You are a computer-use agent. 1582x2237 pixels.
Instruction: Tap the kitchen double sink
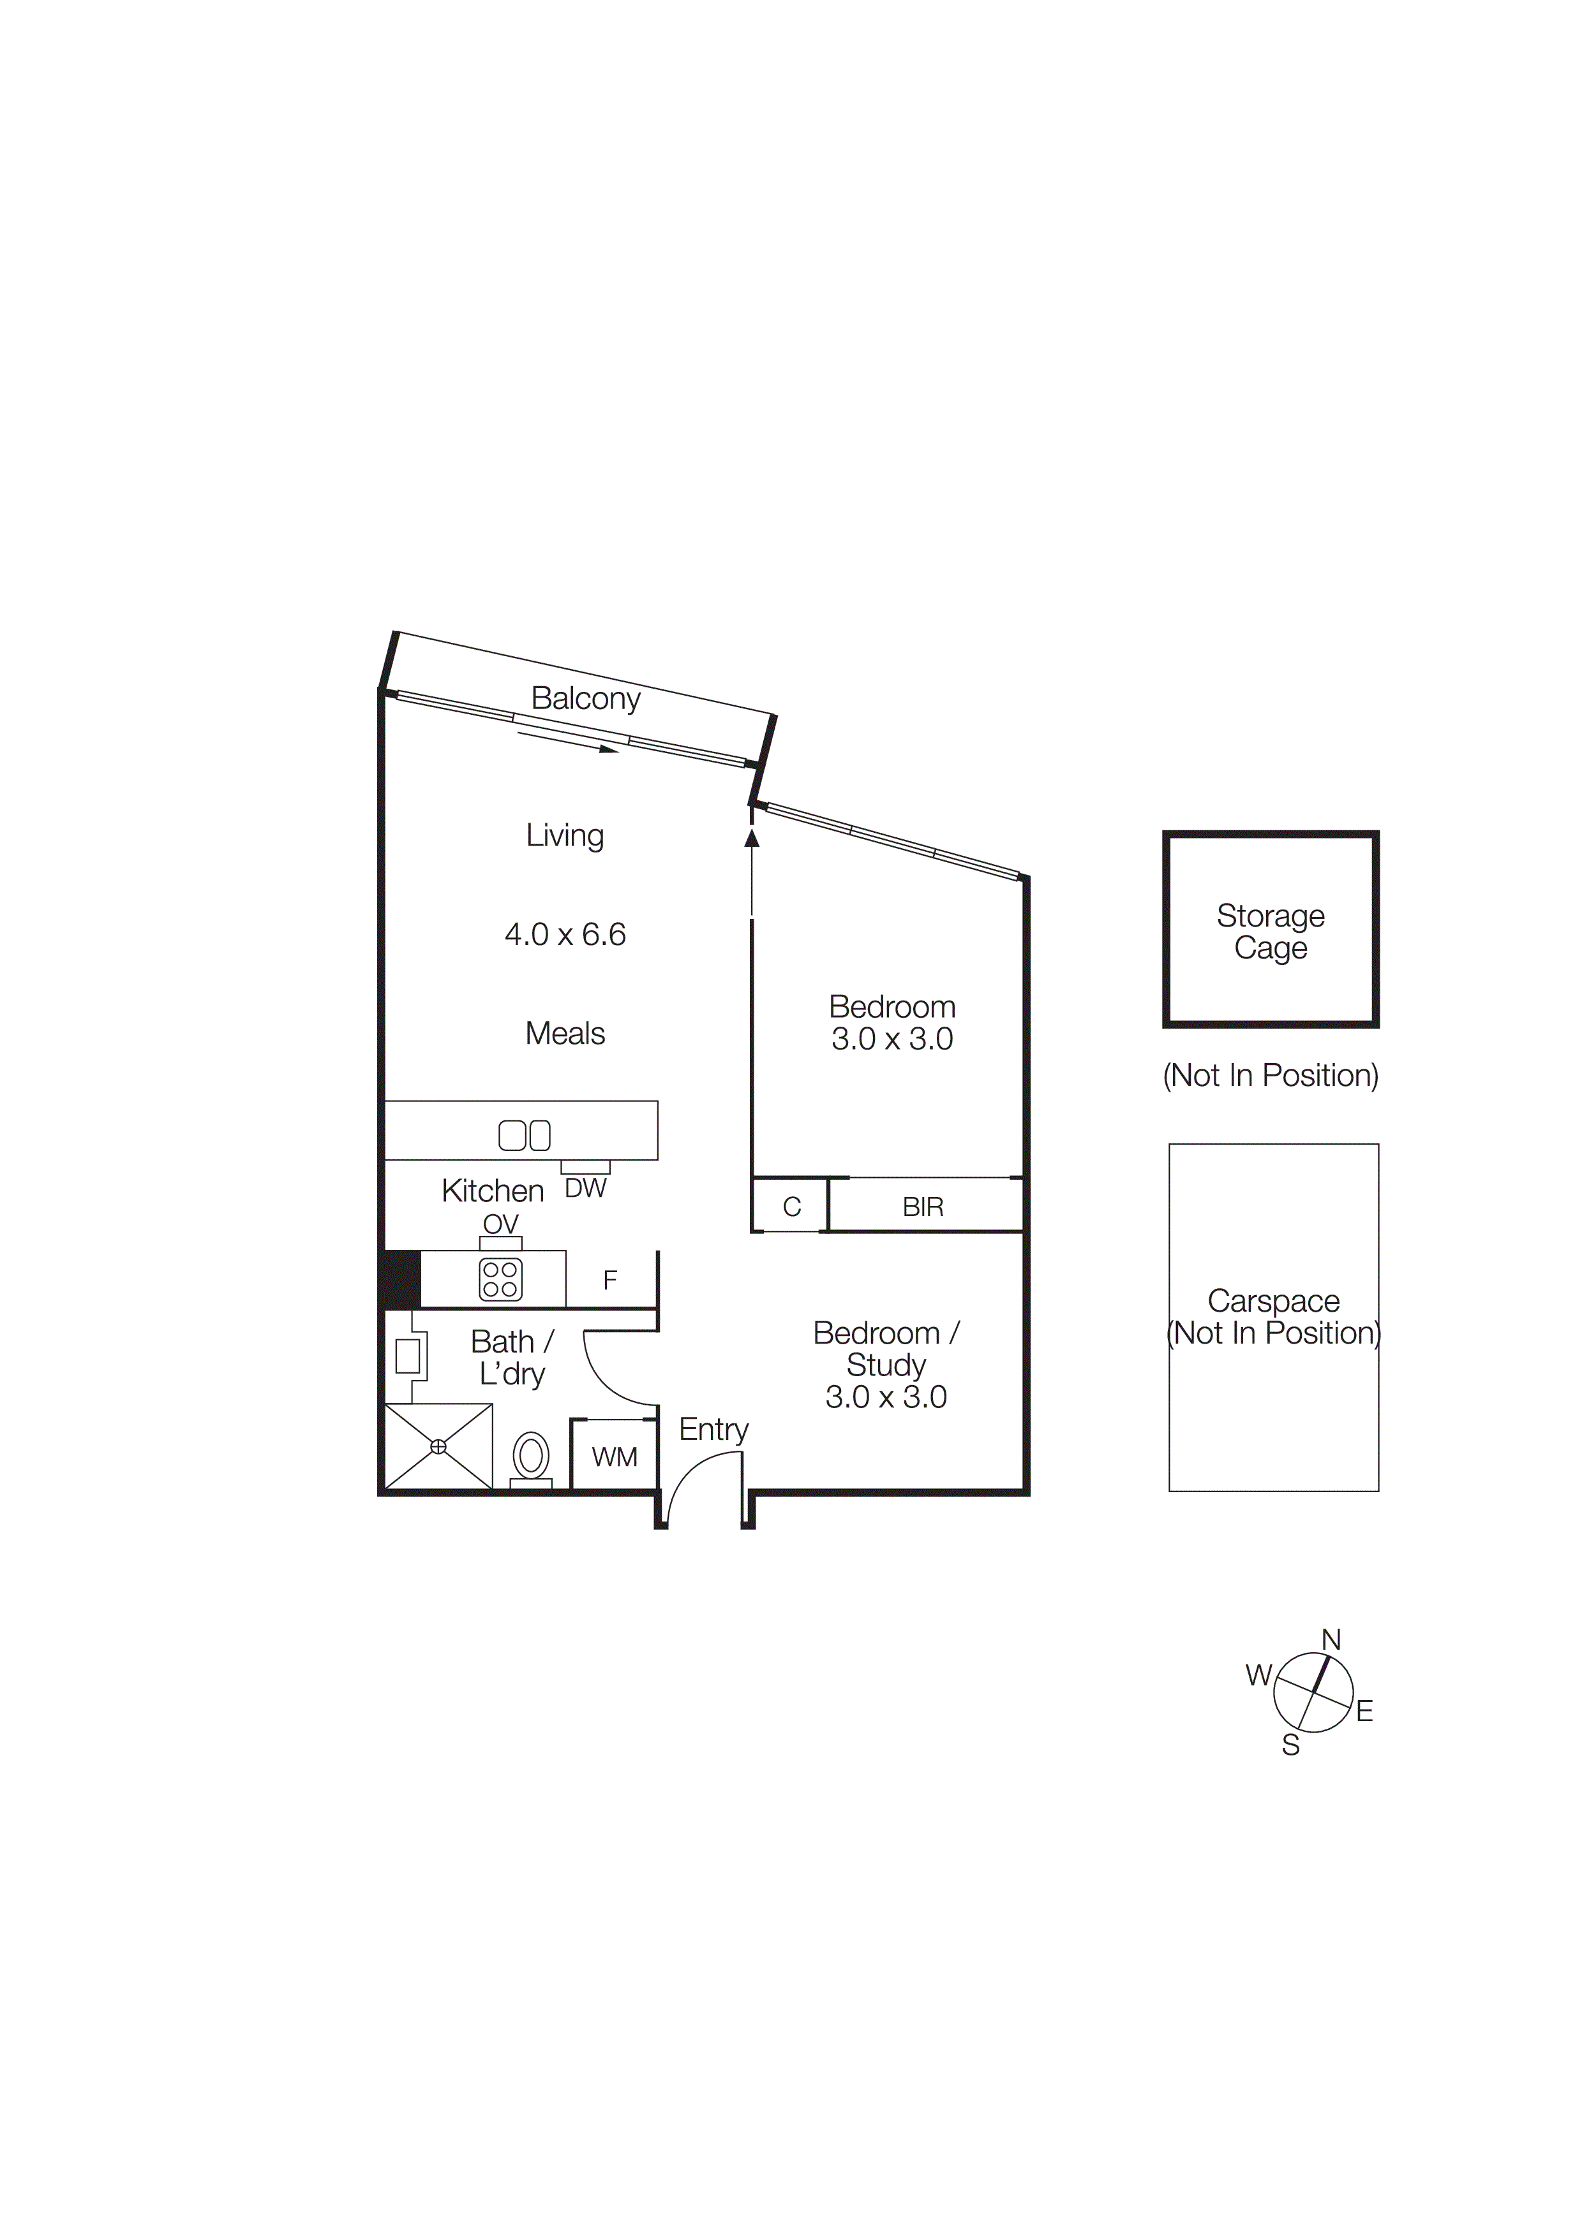525,1135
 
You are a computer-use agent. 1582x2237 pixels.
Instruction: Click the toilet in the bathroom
531,1456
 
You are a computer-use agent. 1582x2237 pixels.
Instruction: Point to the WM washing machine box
614,1456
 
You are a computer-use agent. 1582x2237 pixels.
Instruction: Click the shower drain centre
438,1447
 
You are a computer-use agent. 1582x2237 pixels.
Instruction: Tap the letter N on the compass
1331,1641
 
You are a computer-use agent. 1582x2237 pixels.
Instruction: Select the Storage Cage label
1270,932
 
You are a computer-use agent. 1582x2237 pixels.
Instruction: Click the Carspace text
1273,1301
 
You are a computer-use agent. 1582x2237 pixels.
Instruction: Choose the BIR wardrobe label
923,1207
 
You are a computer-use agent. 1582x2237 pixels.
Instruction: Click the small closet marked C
791,1207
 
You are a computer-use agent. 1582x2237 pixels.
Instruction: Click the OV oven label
501,1224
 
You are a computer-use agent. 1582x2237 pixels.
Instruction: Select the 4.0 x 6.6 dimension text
565,934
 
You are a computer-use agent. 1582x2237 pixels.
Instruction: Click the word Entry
713,1429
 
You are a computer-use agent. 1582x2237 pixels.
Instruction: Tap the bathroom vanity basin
407,1355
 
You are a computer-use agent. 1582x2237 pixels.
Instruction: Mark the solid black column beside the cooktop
401,1279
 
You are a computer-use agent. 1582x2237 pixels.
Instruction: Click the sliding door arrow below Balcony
567,742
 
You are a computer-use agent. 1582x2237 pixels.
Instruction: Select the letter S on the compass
1290,1745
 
